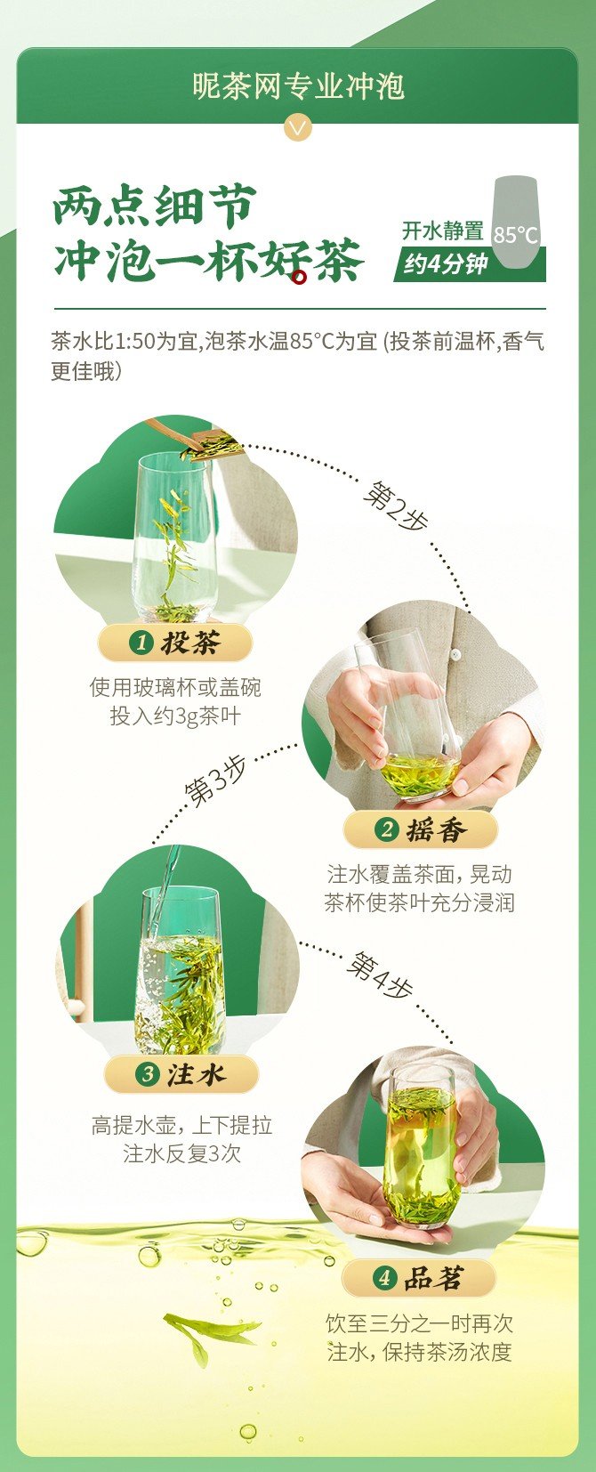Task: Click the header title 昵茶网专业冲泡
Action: click(298, 86)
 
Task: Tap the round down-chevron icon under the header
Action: click(298, 127)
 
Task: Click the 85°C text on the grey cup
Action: click(516, 235)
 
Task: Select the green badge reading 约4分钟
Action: click(469, 265)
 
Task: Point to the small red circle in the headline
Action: click(300, 278)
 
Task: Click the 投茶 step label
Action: click(174, 643)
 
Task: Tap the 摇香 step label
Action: click(421, 830)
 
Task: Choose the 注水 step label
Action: click(181, 1075)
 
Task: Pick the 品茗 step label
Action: click(419, 1278)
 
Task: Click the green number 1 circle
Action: click(141, 643)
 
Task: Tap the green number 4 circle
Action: click(384, 1278)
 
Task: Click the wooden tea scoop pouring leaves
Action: click(195, 439)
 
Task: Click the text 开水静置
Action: click(443, 231)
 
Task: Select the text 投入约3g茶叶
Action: click(175, 716)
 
